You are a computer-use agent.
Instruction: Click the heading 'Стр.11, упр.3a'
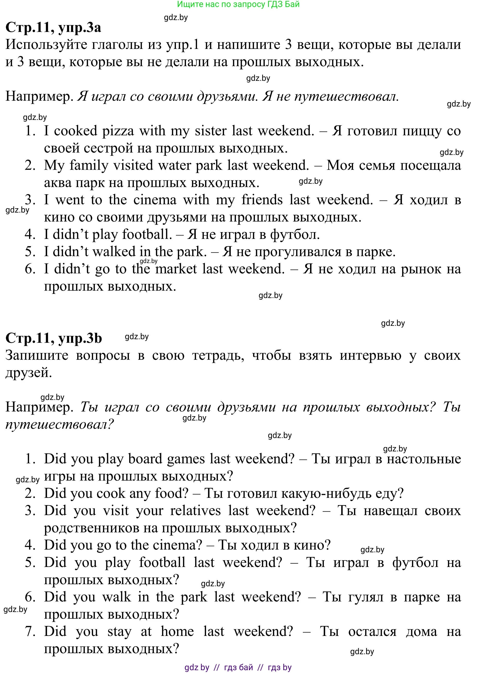pyautogui.click(x=53, y=27)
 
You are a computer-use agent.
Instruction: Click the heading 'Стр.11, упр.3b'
pyautogui.click(x=54, y=338)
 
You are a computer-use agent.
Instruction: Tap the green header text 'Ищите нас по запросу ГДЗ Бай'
pyautogui.click(x=238, y=4)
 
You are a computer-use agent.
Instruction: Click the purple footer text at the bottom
pyautogui.click(x=238, y=667)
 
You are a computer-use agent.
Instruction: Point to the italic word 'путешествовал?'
pyautogui.click(x=59, y=424)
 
